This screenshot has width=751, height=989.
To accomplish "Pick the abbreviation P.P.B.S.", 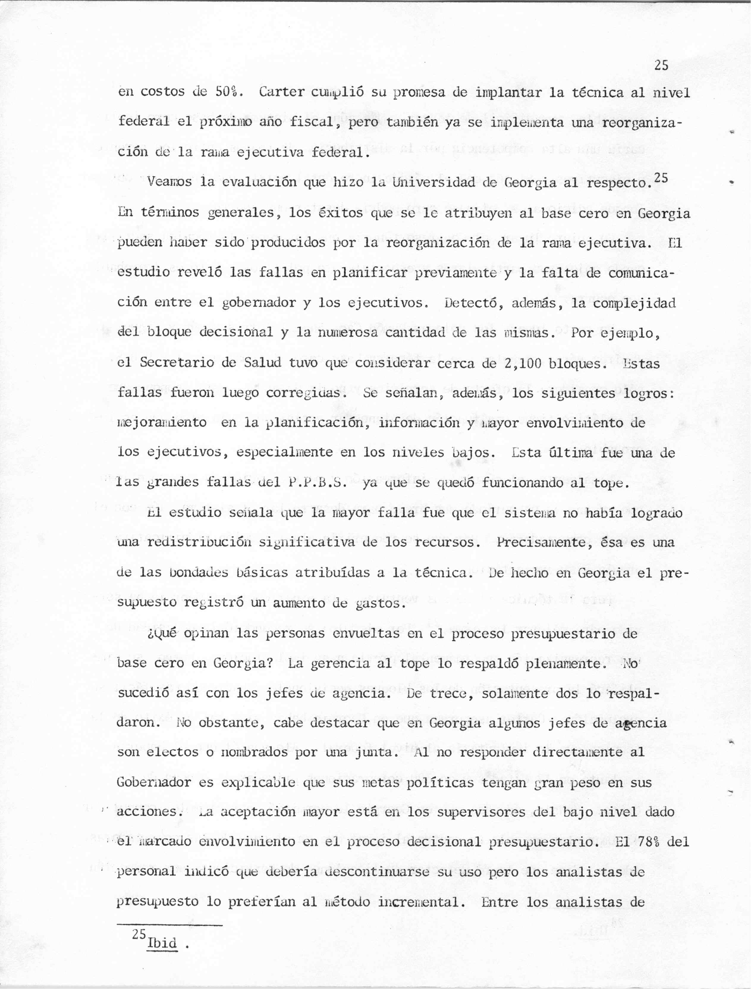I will coord(315,482).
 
